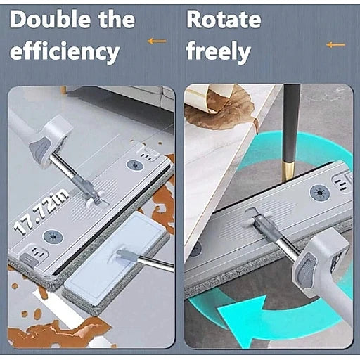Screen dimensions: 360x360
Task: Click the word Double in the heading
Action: [x=51, y=20]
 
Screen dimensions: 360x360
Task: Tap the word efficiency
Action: [x=65, y=53]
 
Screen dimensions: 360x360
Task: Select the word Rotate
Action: [x=224, y=20]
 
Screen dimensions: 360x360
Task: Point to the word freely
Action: [x=219, y=52]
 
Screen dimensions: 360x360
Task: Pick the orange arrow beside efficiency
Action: [x=157, y=41]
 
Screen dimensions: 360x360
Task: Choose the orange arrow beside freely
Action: [x=336, y=44]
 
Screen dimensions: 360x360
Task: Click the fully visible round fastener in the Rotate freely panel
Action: [x=320, y=193]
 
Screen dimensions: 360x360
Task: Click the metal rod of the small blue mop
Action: [x=155, y=264]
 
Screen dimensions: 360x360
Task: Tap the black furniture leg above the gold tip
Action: [x=291, y=123]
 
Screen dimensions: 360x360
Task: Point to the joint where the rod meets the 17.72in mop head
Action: [x=95, y=198]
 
